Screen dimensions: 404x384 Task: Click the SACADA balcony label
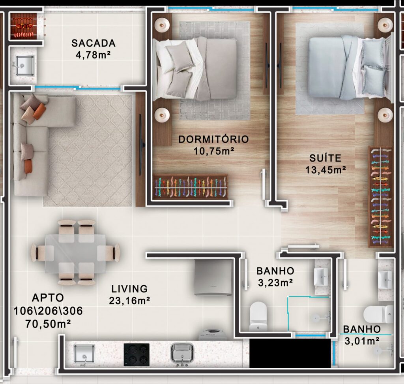coord(93,43)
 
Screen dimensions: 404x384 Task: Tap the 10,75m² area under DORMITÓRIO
coord(214,151)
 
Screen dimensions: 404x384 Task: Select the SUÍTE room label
coord(325,158)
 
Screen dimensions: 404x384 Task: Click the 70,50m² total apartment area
coord(48,324)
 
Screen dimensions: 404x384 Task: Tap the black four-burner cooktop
coord(137,355)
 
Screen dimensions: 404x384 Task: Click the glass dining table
coord(75,253)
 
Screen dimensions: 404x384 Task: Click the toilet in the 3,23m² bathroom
coord(258,316)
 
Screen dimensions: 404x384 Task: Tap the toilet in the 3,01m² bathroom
coord(378,314)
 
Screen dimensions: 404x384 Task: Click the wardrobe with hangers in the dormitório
coord(190,187)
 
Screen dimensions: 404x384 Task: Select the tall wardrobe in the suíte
coord(381,197)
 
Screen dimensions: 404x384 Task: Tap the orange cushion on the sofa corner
coord(39,111)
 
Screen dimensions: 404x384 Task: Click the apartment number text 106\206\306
coord(48,311)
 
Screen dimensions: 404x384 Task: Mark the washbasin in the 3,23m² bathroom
coord(321,277)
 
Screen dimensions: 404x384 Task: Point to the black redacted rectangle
coord(290,353)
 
